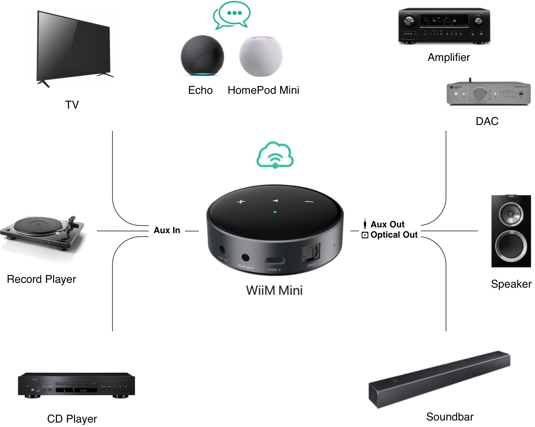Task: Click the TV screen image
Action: point(73,47)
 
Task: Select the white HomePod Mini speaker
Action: point(261,55)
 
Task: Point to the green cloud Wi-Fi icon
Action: point(275,155)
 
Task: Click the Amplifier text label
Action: point(449,57)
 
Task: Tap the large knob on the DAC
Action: point(480,93)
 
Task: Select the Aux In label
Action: point(167,230)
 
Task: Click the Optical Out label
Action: point(394,235)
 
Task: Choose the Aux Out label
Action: point(387,224)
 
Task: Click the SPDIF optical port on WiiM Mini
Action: point(311,253)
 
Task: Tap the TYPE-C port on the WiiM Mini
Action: point(275,261)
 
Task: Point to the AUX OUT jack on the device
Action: point(245,258)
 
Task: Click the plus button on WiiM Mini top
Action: point(241,202)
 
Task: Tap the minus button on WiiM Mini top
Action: point(309,202)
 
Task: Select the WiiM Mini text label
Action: point(274,290)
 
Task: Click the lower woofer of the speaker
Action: point(511,245)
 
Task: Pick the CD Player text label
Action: point(72,419)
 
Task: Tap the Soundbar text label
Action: point(450,417)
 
